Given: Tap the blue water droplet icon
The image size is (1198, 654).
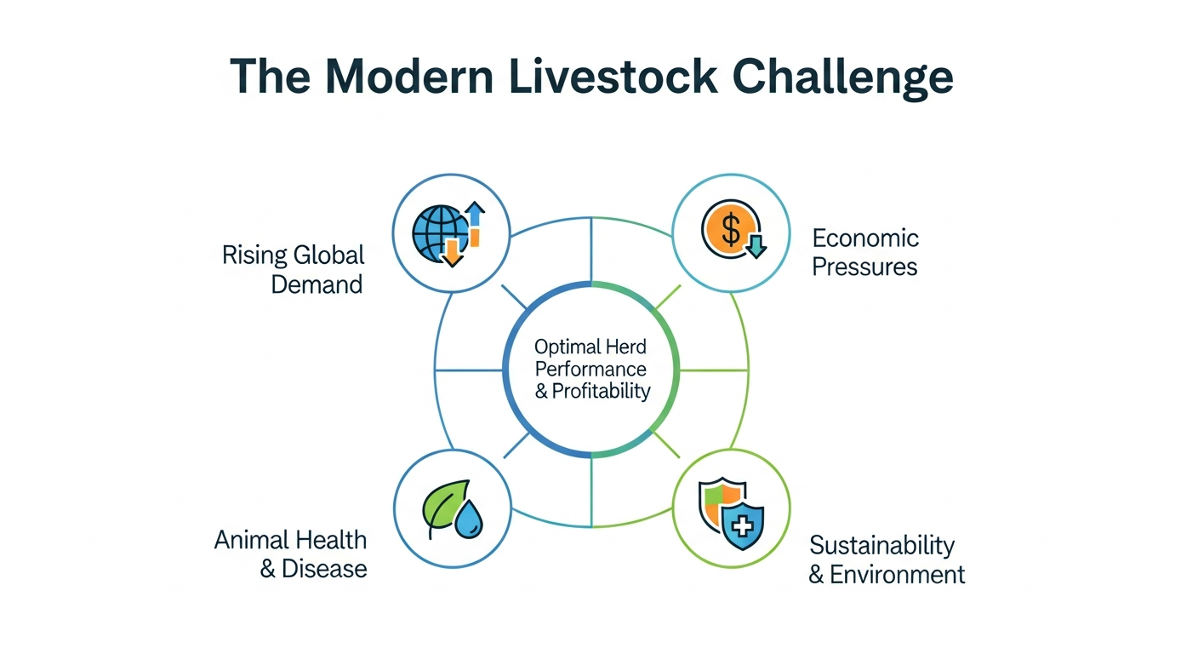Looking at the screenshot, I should coord(466,521).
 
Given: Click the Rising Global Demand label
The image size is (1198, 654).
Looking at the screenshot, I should coord(293,269).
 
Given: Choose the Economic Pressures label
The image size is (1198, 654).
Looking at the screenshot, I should coord(865,252).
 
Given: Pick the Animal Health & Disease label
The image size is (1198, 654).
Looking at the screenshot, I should coord(290,554).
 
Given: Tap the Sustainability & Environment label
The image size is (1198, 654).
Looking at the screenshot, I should coord(886,559).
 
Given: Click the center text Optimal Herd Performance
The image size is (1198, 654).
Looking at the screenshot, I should coord(590,358).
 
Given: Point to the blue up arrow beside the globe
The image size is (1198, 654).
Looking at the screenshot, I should coord(475,215).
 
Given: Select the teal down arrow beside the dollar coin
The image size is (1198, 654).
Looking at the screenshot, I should coord(756,246).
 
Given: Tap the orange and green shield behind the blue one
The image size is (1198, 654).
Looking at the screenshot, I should coord(713,502).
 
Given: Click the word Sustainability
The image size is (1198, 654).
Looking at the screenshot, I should coord(881,545).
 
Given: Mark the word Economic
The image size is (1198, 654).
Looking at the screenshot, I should coord(865,238).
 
